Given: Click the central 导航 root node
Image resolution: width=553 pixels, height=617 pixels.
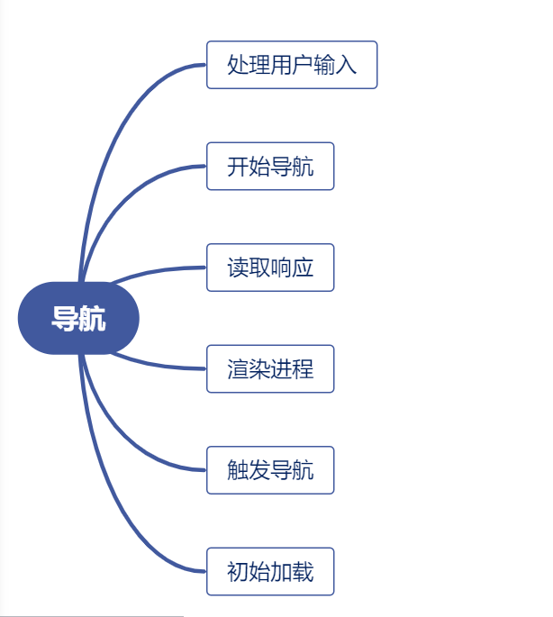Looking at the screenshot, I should pos(78,318).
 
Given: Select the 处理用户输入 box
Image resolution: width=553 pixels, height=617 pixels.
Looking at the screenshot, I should pos(291,65).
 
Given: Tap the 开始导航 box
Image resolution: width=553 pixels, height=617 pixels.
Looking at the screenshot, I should pos(270,167).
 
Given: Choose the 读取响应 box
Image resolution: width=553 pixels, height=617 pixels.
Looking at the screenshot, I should pos(270,268).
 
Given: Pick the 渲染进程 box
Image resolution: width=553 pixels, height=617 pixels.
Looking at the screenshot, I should pos(270,368).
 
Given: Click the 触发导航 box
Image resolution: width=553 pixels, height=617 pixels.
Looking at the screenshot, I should pos(270,470).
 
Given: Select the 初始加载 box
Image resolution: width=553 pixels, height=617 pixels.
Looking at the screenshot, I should pos(270,571).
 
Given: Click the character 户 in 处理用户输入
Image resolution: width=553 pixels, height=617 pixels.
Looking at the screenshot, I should pos(303,65).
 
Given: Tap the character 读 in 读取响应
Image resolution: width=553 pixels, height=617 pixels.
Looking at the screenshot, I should pos(238,268).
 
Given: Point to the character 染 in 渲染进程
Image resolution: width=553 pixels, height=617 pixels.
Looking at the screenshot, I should pos(259,368).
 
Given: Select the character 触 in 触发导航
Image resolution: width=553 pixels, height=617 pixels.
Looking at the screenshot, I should pos(238,470).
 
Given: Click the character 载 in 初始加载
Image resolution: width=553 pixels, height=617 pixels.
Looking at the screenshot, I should pos(303,571).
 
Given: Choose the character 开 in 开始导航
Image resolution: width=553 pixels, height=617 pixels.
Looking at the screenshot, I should pos(238,167).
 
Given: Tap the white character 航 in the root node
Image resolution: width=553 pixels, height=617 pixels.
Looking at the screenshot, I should pos(92,318).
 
